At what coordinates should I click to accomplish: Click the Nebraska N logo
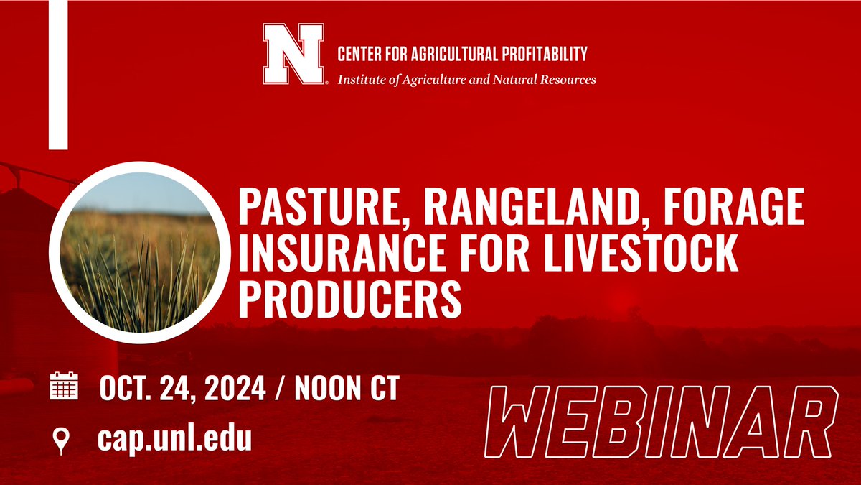click(293, 55)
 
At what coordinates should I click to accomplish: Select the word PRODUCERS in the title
click(349, 301)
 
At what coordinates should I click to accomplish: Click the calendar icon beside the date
click(65, 387)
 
